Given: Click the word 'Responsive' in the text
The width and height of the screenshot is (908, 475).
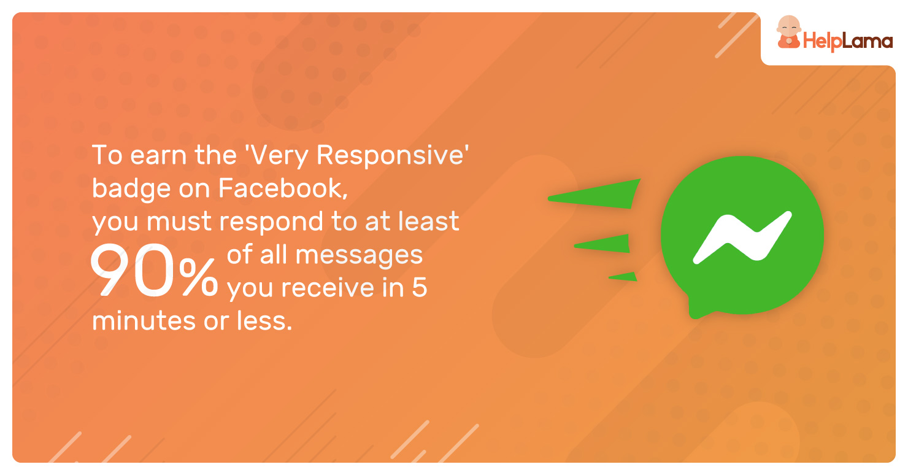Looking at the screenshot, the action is (390, 155).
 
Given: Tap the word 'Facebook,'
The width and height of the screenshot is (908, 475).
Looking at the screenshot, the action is (283, 188).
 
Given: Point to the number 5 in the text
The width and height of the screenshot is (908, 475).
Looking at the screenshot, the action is (420, 288).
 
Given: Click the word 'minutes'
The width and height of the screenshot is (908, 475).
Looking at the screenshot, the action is (143, 321).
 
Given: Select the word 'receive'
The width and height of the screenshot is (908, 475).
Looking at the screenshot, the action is (328, 288).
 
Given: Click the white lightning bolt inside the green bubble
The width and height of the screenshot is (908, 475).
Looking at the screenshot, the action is (742, 237).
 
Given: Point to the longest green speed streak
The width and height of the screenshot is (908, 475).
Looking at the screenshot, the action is (594, 195).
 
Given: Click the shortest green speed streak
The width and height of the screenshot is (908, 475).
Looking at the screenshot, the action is (623, 277).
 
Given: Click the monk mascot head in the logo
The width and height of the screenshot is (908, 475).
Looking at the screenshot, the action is (788, 26).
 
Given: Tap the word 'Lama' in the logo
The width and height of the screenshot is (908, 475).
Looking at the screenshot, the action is (868, 41).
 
